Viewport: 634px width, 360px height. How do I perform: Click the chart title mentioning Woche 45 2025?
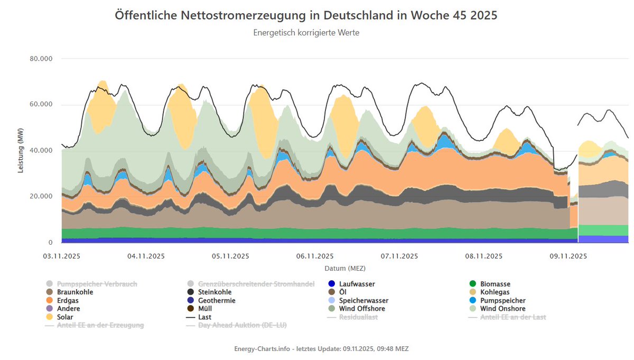point(306,15)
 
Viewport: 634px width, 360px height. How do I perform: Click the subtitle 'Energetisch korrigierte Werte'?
point(306,33)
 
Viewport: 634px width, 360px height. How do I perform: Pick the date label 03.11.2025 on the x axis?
point(62,256)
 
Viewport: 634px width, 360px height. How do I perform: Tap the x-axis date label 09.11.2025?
point(568,256)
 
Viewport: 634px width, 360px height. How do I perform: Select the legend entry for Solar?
point(66,317)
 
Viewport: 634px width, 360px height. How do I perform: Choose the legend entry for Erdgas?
point(68,300)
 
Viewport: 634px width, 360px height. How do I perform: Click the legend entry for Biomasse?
point(495,284)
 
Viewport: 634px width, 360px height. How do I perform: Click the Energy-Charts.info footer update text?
point(321,349)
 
